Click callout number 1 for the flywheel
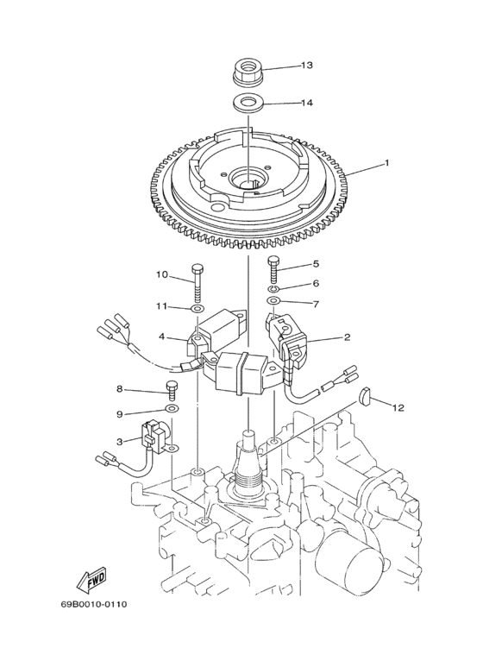point(362,163)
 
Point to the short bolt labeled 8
point(172,390)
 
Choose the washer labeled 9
point(172,407)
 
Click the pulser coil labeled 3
point(157,434)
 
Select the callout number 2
point(347,337)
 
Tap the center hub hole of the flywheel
point(248,179)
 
